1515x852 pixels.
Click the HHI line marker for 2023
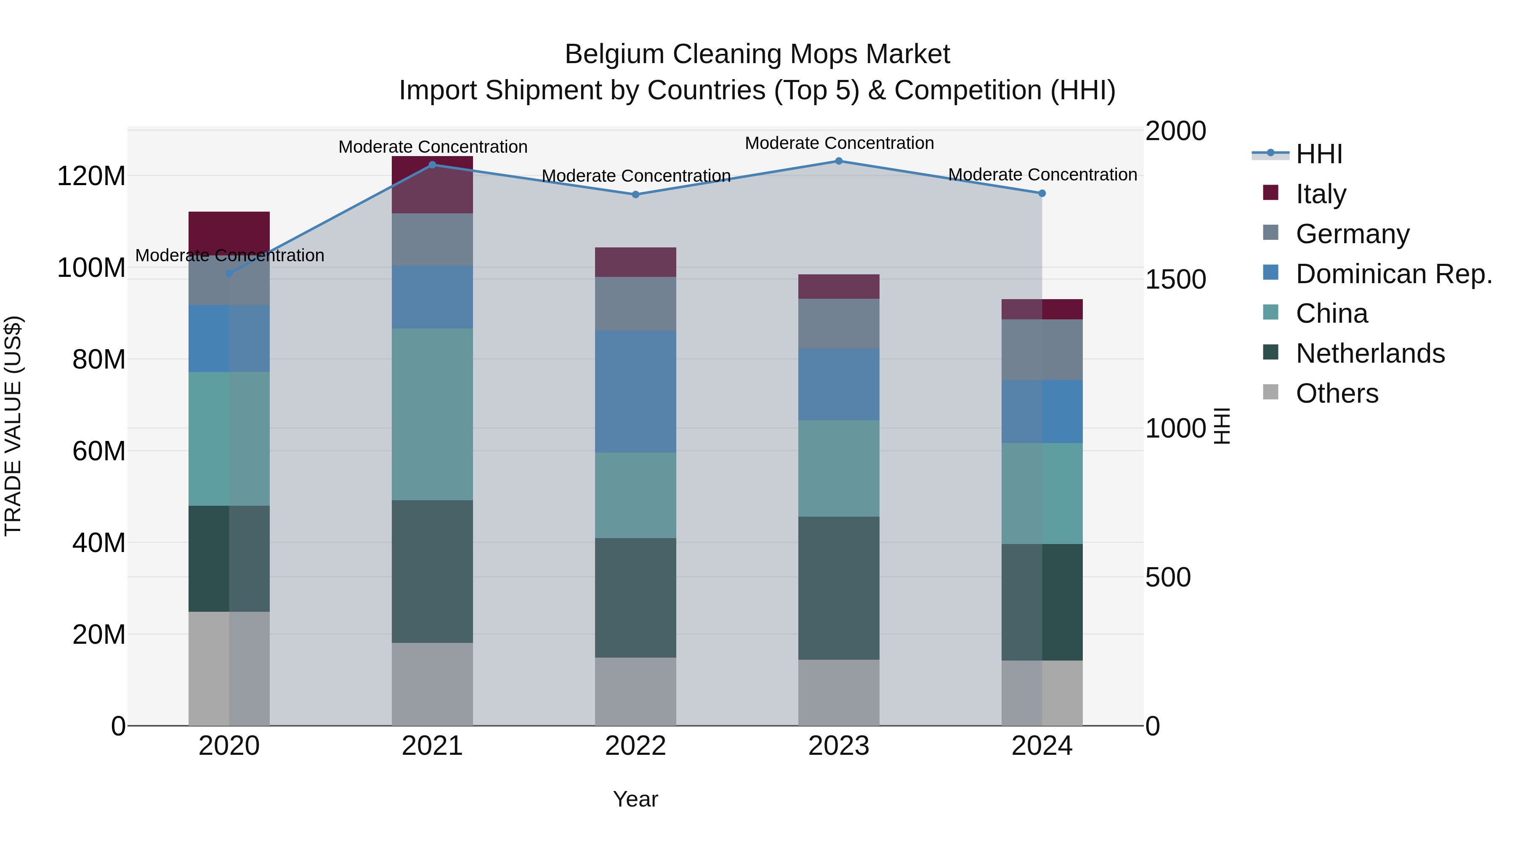coord(839,161)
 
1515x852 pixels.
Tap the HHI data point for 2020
coord(229,273)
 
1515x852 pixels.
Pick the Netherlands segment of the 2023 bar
coord(839,588)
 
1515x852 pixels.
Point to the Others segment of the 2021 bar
coord(432,684)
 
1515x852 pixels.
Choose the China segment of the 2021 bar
coord(432,414)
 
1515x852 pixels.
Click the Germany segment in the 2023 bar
coord(839,324)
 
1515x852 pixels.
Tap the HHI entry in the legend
coord(1318,154)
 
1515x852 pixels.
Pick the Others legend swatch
coord(1271,392)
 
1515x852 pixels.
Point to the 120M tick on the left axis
coord(91,176)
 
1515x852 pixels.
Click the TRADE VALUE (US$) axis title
coord(13,426)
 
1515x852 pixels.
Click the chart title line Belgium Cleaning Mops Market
coord(757,54)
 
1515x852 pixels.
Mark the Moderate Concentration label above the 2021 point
coord(433,146)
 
